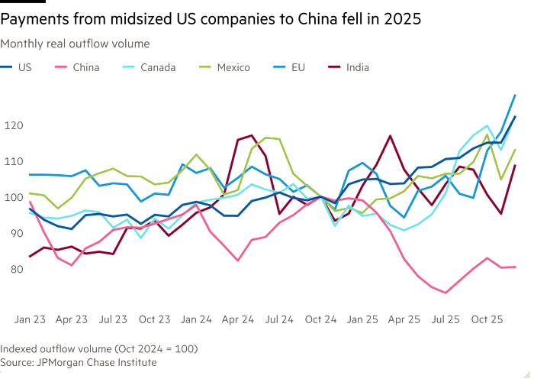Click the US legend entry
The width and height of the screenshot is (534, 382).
click(21, 67)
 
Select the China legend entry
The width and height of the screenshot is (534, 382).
click(85, 67)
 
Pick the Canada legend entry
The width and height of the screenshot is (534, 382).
click(156, 67)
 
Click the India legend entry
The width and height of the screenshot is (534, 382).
click(357, 67)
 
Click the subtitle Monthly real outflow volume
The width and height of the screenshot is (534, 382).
click(75, 44)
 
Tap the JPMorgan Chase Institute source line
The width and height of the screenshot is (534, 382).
click(78, 362)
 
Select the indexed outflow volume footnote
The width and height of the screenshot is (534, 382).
click(99, 348)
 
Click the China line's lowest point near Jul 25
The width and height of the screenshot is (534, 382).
click(446, 293)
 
